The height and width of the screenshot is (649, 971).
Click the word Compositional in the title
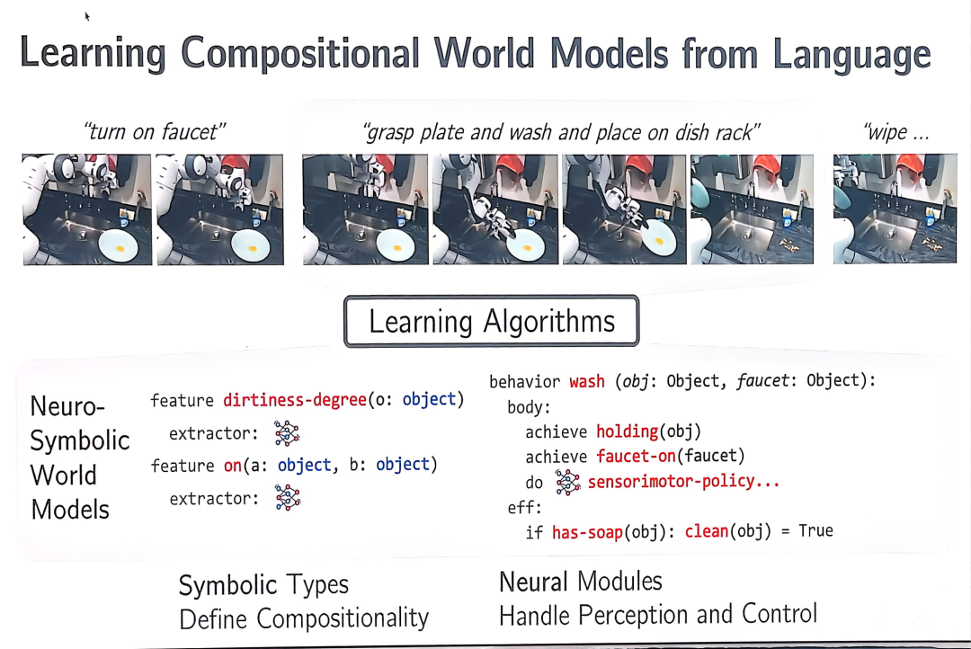300,53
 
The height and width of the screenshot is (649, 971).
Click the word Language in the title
851,55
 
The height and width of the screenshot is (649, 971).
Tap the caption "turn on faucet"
155,132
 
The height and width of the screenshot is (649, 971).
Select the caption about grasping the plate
561,132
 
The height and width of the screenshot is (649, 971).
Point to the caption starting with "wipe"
895,132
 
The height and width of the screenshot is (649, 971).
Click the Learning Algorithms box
491,321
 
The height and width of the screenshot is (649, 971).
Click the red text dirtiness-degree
295,400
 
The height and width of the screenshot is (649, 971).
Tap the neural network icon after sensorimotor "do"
567,482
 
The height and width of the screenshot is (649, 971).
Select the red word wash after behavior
586,381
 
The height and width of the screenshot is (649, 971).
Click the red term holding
627,431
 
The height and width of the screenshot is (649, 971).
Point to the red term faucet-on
636,457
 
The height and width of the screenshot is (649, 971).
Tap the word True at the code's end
815,530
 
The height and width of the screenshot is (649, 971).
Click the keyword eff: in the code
524,508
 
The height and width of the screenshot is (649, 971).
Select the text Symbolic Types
263,585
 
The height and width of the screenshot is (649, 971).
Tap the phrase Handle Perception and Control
657,615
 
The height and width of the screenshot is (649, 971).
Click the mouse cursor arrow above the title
87,17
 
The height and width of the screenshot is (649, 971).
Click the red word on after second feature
233,465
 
